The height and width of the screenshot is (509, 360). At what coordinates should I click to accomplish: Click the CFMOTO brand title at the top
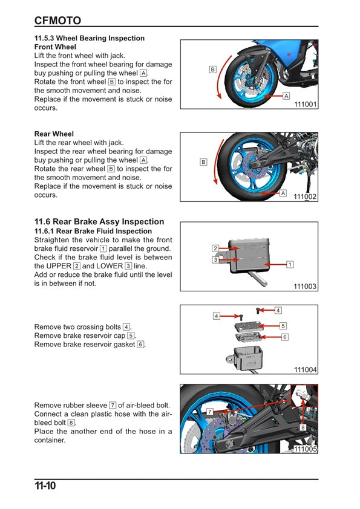57,21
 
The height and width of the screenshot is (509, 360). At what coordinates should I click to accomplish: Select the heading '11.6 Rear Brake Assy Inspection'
99,222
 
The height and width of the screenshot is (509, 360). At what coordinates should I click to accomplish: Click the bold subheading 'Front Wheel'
55,47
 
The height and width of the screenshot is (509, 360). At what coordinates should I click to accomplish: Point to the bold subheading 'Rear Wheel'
54,134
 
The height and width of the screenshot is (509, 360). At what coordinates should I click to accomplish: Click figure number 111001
306,104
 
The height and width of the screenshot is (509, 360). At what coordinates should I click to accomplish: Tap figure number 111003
306,287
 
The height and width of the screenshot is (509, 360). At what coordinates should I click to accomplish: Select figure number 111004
306,369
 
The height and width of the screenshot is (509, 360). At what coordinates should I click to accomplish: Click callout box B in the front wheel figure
212,70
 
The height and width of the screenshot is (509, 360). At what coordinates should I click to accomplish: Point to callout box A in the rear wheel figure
283,193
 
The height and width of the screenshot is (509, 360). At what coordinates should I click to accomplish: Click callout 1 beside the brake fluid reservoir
290,265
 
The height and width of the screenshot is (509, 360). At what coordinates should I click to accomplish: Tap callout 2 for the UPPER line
215,248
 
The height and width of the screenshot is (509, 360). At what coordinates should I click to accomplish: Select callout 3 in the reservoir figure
215,260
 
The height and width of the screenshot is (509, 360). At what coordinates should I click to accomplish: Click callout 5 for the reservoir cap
283,326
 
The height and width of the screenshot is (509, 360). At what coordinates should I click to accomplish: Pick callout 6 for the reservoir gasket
283,336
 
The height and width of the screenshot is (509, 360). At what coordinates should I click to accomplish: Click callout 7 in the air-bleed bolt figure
209,410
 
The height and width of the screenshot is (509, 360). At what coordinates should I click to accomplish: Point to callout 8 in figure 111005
303,427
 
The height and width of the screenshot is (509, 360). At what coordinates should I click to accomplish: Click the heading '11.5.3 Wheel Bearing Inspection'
90,38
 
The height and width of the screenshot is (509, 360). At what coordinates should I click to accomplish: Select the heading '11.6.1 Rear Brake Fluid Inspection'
93,232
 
